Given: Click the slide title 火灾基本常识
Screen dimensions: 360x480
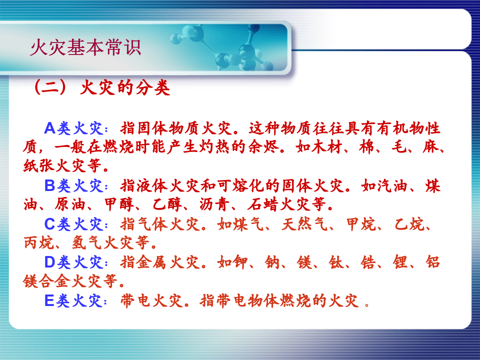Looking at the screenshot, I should pos(85,48).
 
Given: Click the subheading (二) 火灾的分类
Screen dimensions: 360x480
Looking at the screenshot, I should pos(100,88).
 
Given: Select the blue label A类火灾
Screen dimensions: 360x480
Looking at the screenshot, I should pos(75,128).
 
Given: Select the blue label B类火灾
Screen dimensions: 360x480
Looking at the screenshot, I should pos(75,186).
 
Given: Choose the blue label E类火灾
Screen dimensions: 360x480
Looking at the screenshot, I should pos(75,300).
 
